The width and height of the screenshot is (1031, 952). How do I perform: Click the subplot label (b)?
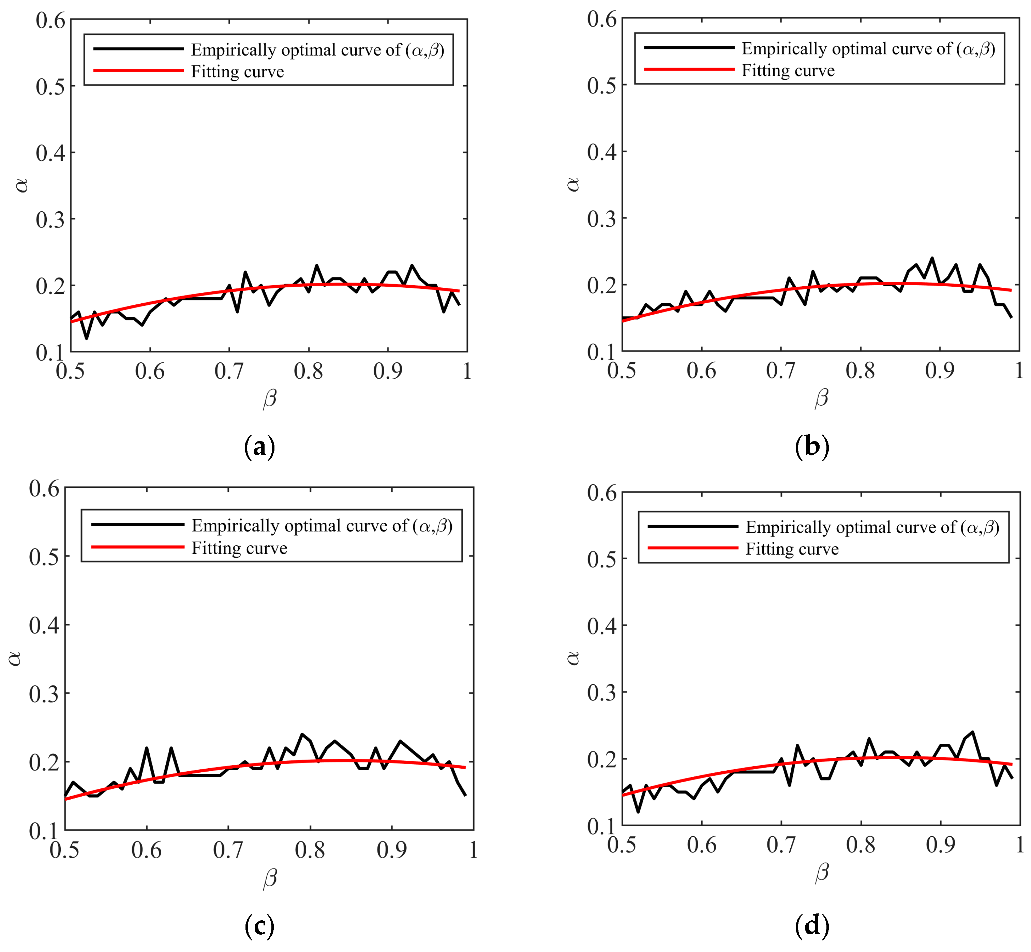[811, 446]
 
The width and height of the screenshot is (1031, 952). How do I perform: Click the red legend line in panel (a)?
[138, 71]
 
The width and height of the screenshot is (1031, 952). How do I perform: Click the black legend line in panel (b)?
[689, 47]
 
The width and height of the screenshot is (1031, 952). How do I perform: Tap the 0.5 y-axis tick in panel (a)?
[50, 87]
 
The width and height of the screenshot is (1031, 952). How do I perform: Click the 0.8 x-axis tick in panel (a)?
[308, 371]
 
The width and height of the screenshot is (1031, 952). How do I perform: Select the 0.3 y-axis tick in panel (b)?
[601, 218]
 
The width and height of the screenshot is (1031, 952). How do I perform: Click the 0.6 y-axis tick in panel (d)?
[601, 493]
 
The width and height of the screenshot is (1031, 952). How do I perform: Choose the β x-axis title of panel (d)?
[822, 873]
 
